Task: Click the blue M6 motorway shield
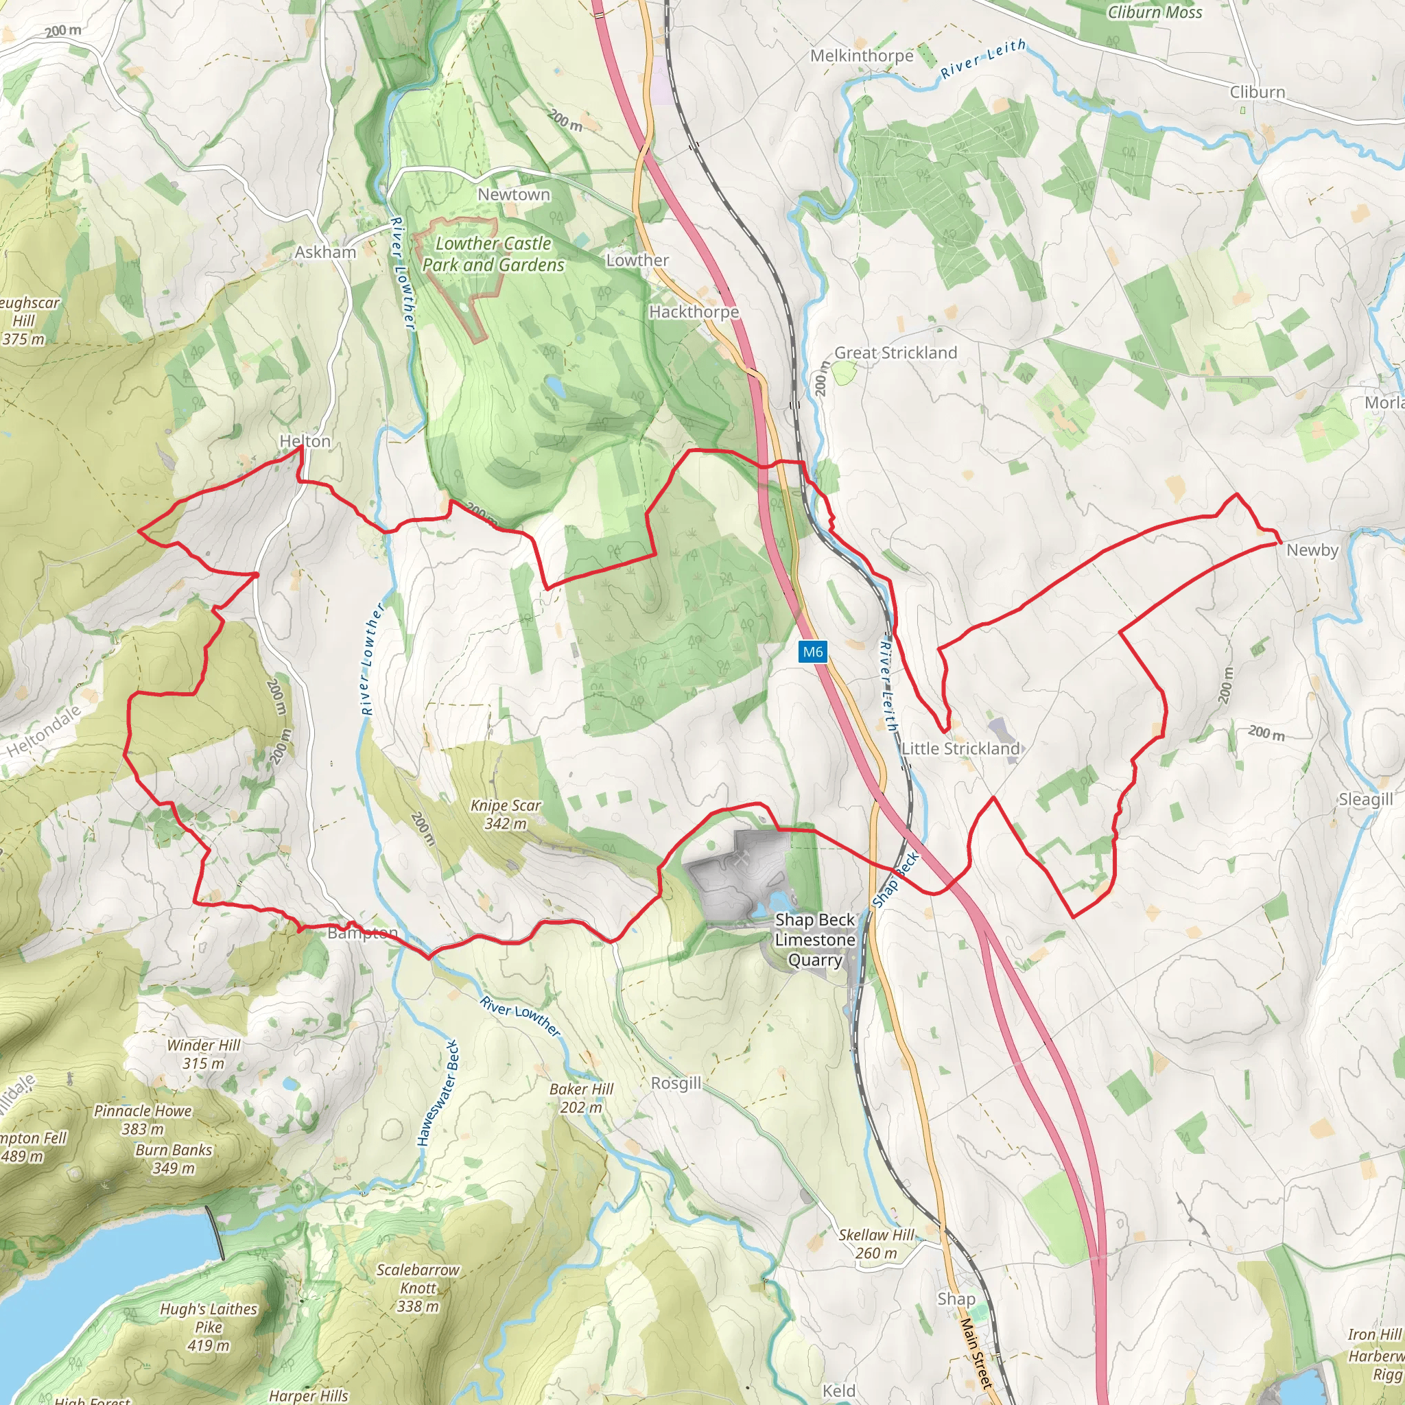(812, 652)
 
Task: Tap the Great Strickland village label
(895, 353)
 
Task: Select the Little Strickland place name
(960, 748)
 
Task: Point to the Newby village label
(1312, 550)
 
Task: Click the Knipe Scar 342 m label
(506, 814)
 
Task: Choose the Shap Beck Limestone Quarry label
(814, 940)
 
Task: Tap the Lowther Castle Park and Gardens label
(493, 254)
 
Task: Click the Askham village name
(325, 252)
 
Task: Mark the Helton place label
(305, 441)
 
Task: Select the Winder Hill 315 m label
(204, 1054)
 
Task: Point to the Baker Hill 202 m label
(581, 1098)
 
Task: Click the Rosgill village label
(676, 1083)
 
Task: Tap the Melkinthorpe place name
(862, 56)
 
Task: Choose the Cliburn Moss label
(1154, 12)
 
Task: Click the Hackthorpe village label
(694, 312)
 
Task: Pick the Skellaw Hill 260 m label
(876, 1244)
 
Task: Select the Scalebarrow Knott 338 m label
(418, 1288)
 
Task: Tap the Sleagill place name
(1366, 799)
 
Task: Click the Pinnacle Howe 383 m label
(143, 1120)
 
